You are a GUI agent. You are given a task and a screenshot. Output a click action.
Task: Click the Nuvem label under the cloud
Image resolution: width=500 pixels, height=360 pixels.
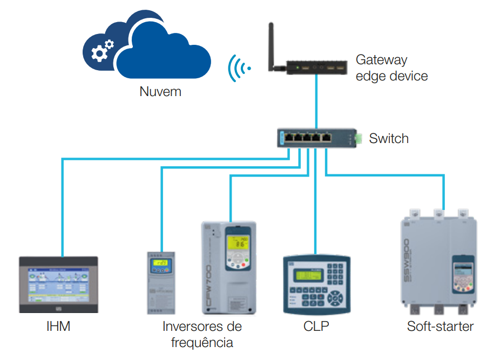pos(160,92)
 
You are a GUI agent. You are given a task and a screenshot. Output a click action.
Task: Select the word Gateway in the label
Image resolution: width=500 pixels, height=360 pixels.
pos(381,60)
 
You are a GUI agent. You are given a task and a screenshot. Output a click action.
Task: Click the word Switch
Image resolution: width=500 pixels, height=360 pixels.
pos(389,139)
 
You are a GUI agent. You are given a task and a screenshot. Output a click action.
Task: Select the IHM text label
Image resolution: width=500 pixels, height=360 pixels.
pos(58,327)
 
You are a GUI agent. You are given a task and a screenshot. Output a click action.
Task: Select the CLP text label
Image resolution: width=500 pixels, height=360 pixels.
pos(316,327)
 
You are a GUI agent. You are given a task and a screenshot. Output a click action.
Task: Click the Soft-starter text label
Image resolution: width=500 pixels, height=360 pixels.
pos(440,327)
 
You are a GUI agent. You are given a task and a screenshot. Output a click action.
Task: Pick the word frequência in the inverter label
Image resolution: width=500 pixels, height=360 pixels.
pos(202,342)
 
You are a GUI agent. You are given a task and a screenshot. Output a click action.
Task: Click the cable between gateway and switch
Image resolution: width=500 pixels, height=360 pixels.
pos(317,103)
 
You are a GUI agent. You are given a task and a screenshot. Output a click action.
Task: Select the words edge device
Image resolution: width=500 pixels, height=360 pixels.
pos(391,76)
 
